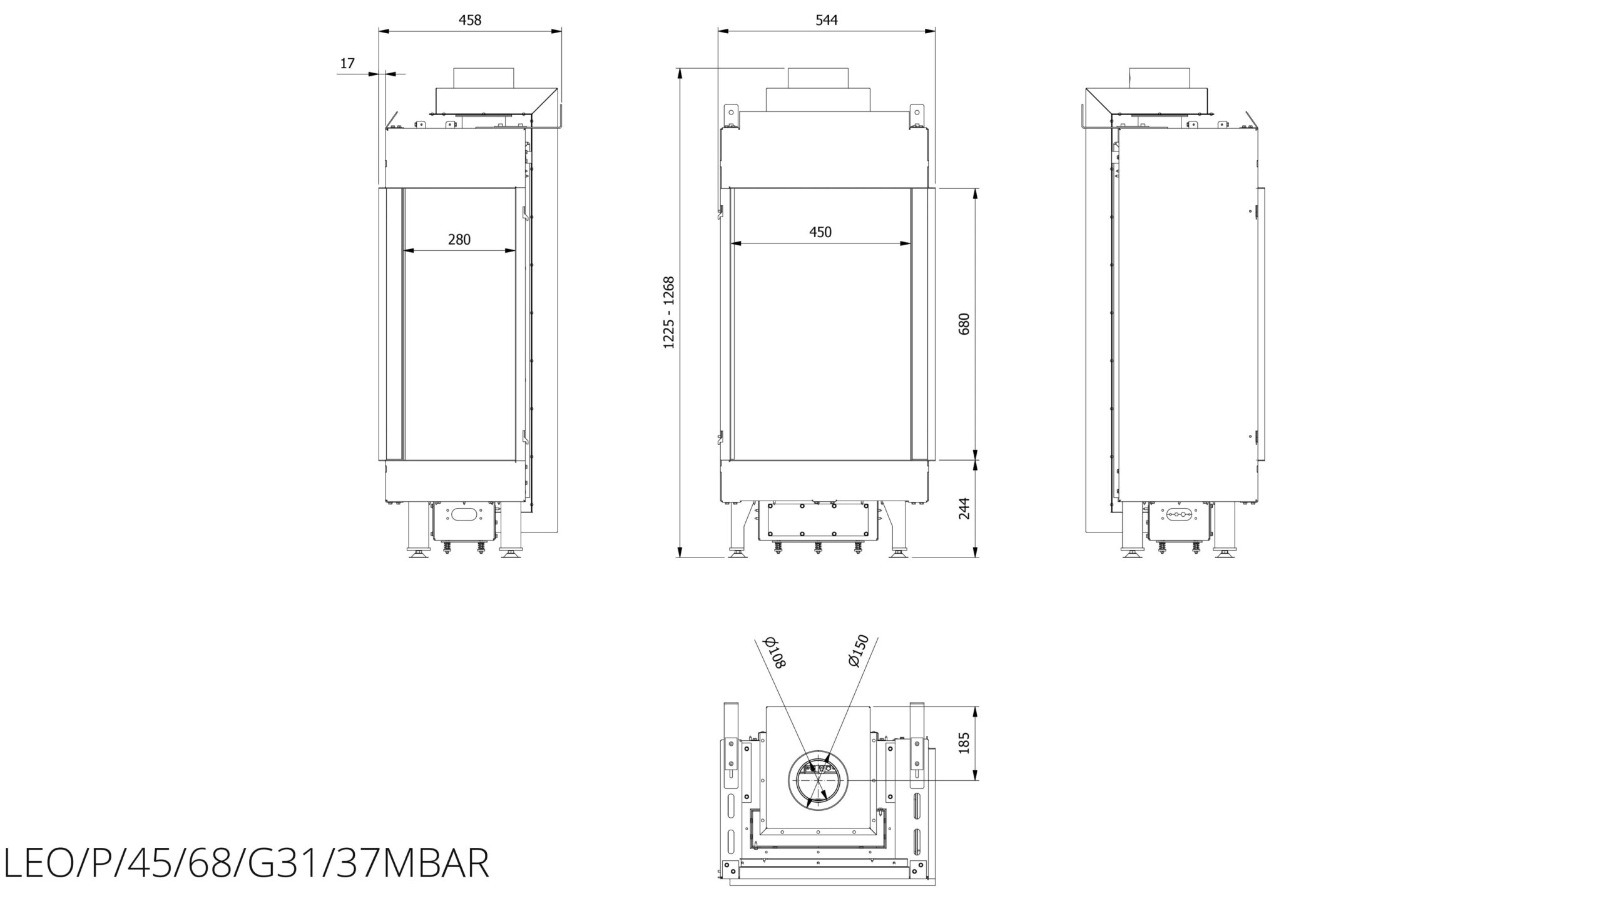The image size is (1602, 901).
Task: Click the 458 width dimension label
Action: (470, 20)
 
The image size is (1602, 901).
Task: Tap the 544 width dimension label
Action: (826, 20)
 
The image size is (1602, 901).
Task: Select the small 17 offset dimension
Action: (347, 63)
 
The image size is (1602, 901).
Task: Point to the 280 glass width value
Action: (459, 239)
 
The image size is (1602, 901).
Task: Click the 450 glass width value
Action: (820, 232)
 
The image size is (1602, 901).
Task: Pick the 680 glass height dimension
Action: (964, 323)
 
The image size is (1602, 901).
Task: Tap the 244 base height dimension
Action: (964, 508)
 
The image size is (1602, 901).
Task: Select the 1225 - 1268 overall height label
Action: (670, 312)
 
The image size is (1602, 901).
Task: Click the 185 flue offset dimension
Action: (964, 743)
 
